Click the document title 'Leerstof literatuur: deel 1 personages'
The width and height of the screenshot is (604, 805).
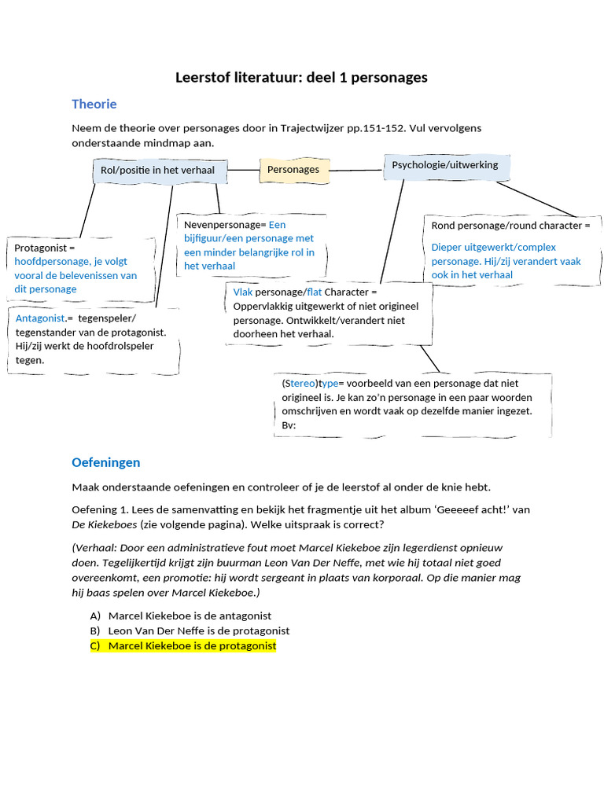(x=301, y=77)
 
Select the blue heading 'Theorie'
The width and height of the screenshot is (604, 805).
(x=94, y=104)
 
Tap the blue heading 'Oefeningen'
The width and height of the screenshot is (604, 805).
(x=105, y=462)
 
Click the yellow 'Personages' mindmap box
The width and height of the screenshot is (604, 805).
(x=293, y=170)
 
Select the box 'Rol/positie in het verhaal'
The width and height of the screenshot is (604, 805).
(x=157, y=170)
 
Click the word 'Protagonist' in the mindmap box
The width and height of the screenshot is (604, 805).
(x=41, y=248)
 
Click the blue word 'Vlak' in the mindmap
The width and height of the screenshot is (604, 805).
(x=243, y=292)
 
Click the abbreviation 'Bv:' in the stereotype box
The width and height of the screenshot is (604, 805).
(x=289, y=425)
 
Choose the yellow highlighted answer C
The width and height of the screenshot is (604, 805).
(x=192, y=645)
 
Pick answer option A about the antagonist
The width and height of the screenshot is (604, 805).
(x=190, y=616)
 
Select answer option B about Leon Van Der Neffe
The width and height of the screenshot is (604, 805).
(x=198, y=630)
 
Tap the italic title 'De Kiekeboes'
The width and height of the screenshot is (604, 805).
(x=105, y=524)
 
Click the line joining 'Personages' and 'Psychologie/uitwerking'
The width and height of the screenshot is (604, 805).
(x=357, y=169)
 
